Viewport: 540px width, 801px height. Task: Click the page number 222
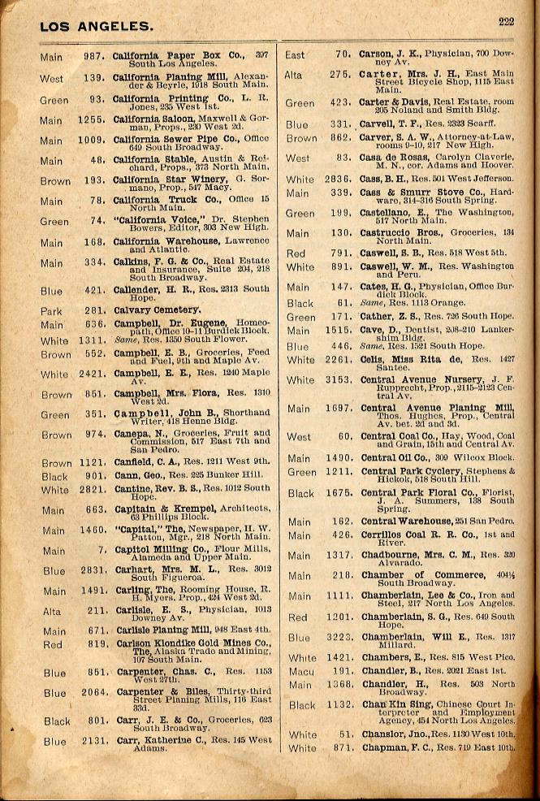tap(506, 22)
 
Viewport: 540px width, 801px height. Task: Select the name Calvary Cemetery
tap(157, 310)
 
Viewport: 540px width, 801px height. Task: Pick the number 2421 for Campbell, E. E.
tap(91, 375)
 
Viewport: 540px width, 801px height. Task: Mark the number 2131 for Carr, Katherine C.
tap(91, 741)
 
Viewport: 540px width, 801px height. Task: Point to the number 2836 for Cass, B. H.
tap(335, 180)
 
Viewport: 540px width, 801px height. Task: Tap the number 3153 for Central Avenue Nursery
tap(335, 380)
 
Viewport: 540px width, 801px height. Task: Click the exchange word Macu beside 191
tap(301, 671)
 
